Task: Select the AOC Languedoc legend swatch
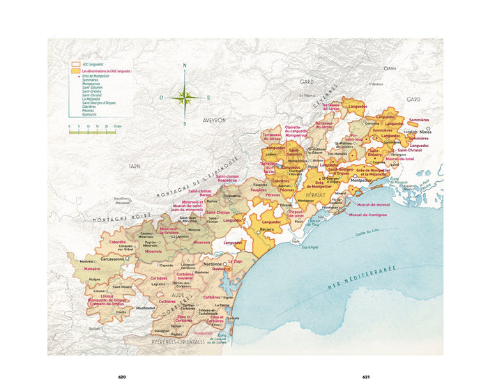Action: coord(75,63)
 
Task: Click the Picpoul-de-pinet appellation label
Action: coord(304,212)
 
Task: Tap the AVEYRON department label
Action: coord(215,120)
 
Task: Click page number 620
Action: coord(122,377)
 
